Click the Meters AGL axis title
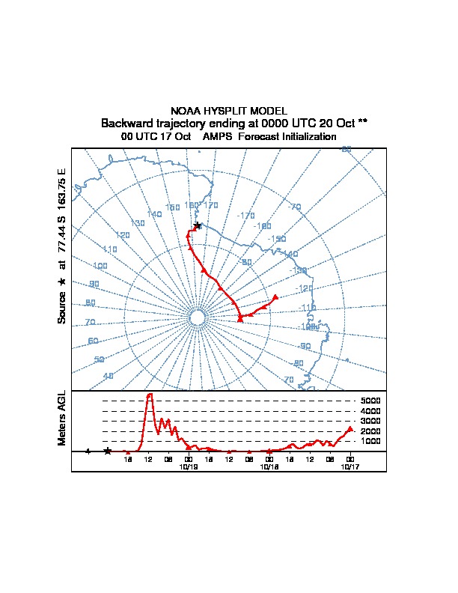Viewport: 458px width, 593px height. pos(63,419)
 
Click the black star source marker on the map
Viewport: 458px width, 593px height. pos(197,225)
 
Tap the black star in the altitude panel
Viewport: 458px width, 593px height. pos(108,451)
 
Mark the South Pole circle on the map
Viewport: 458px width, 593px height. pos(197,318)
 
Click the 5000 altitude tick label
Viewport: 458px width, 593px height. pos(370,401)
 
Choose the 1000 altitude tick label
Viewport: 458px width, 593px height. pos(370,441)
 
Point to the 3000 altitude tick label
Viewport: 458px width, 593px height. pos(370,421)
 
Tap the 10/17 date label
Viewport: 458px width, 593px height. pos(349,466)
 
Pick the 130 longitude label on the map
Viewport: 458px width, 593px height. pos(137,223)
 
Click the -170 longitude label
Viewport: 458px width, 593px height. pos(245,216)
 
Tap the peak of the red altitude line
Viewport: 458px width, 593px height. pos(150,394)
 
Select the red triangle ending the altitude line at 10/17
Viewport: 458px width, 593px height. pos(350,429)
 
